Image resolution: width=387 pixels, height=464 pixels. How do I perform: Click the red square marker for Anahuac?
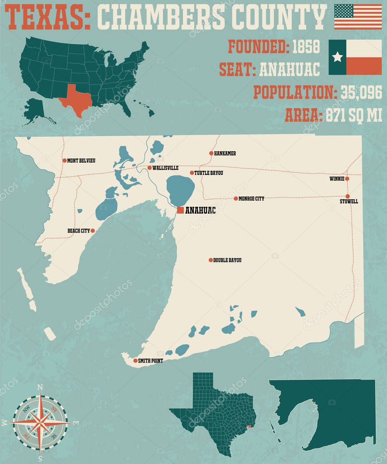(180, 210)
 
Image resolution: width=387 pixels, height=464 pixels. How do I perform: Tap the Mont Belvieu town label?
(81, 160)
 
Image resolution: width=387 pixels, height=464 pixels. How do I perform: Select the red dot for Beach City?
(93, 231)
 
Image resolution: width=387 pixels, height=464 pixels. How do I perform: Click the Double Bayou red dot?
(211, 260)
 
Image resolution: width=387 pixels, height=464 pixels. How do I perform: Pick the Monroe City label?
(251, 198)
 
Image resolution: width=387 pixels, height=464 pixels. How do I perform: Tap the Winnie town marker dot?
(347, 179)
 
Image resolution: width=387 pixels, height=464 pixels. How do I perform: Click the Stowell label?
(349, 202)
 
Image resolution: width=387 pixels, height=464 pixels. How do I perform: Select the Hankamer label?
(225, 154)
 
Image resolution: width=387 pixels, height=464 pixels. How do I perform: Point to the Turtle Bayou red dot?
(192, 173)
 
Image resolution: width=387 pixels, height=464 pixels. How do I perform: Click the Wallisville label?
(165, 168)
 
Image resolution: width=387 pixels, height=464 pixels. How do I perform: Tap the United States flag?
(358, 16)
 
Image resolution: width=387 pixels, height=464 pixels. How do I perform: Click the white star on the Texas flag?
(337, 57)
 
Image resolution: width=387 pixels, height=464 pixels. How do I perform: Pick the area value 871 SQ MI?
(354, 116)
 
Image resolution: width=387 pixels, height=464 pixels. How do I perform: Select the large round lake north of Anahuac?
(180, 190)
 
